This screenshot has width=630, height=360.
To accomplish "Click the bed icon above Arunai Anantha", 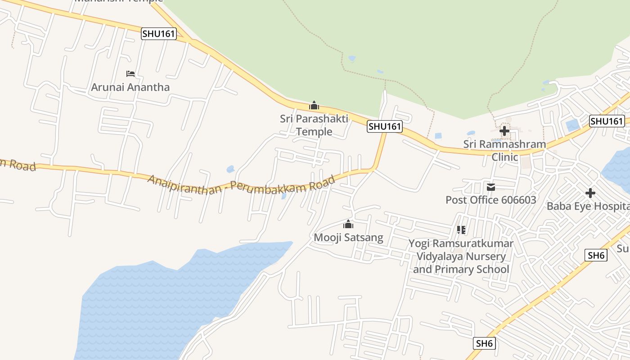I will pos(130,73).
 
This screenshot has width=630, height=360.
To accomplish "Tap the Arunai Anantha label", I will pos(130,87).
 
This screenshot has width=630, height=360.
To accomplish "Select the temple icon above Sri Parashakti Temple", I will pos(314,106).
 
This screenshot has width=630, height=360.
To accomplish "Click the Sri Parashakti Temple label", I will pos(314,125).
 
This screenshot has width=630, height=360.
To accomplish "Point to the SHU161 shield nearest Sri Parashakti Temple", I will pos(384,126).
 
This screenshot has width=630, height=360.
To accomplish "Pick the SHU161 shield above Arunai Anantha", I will pos(158,34).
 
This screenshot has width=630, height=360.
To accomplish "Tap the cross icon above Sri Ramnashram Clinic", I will pos(504,131).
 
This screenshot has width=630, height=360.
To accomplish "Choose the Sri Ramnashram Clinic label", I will pos(504,150).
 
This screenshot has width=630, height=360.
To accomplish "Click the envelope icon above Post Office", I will pos(490,187).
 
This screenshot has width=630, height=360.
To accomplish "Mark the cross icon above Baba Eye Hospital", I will pos(590,193).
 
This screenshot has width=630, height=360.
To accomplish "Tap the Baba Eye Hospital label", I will pos(588,206).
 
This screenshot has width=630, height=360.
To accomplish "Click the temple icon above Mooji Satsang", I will pos(348,224).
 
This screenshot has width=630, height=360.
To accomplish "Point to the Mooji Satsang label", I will pos(348,237).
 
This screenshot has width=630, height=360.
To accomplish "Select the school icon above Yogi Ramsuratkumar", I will pos(461,230).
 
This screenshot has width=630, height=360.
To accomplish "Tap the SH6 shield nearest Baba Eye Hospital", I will pos(596,256).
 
